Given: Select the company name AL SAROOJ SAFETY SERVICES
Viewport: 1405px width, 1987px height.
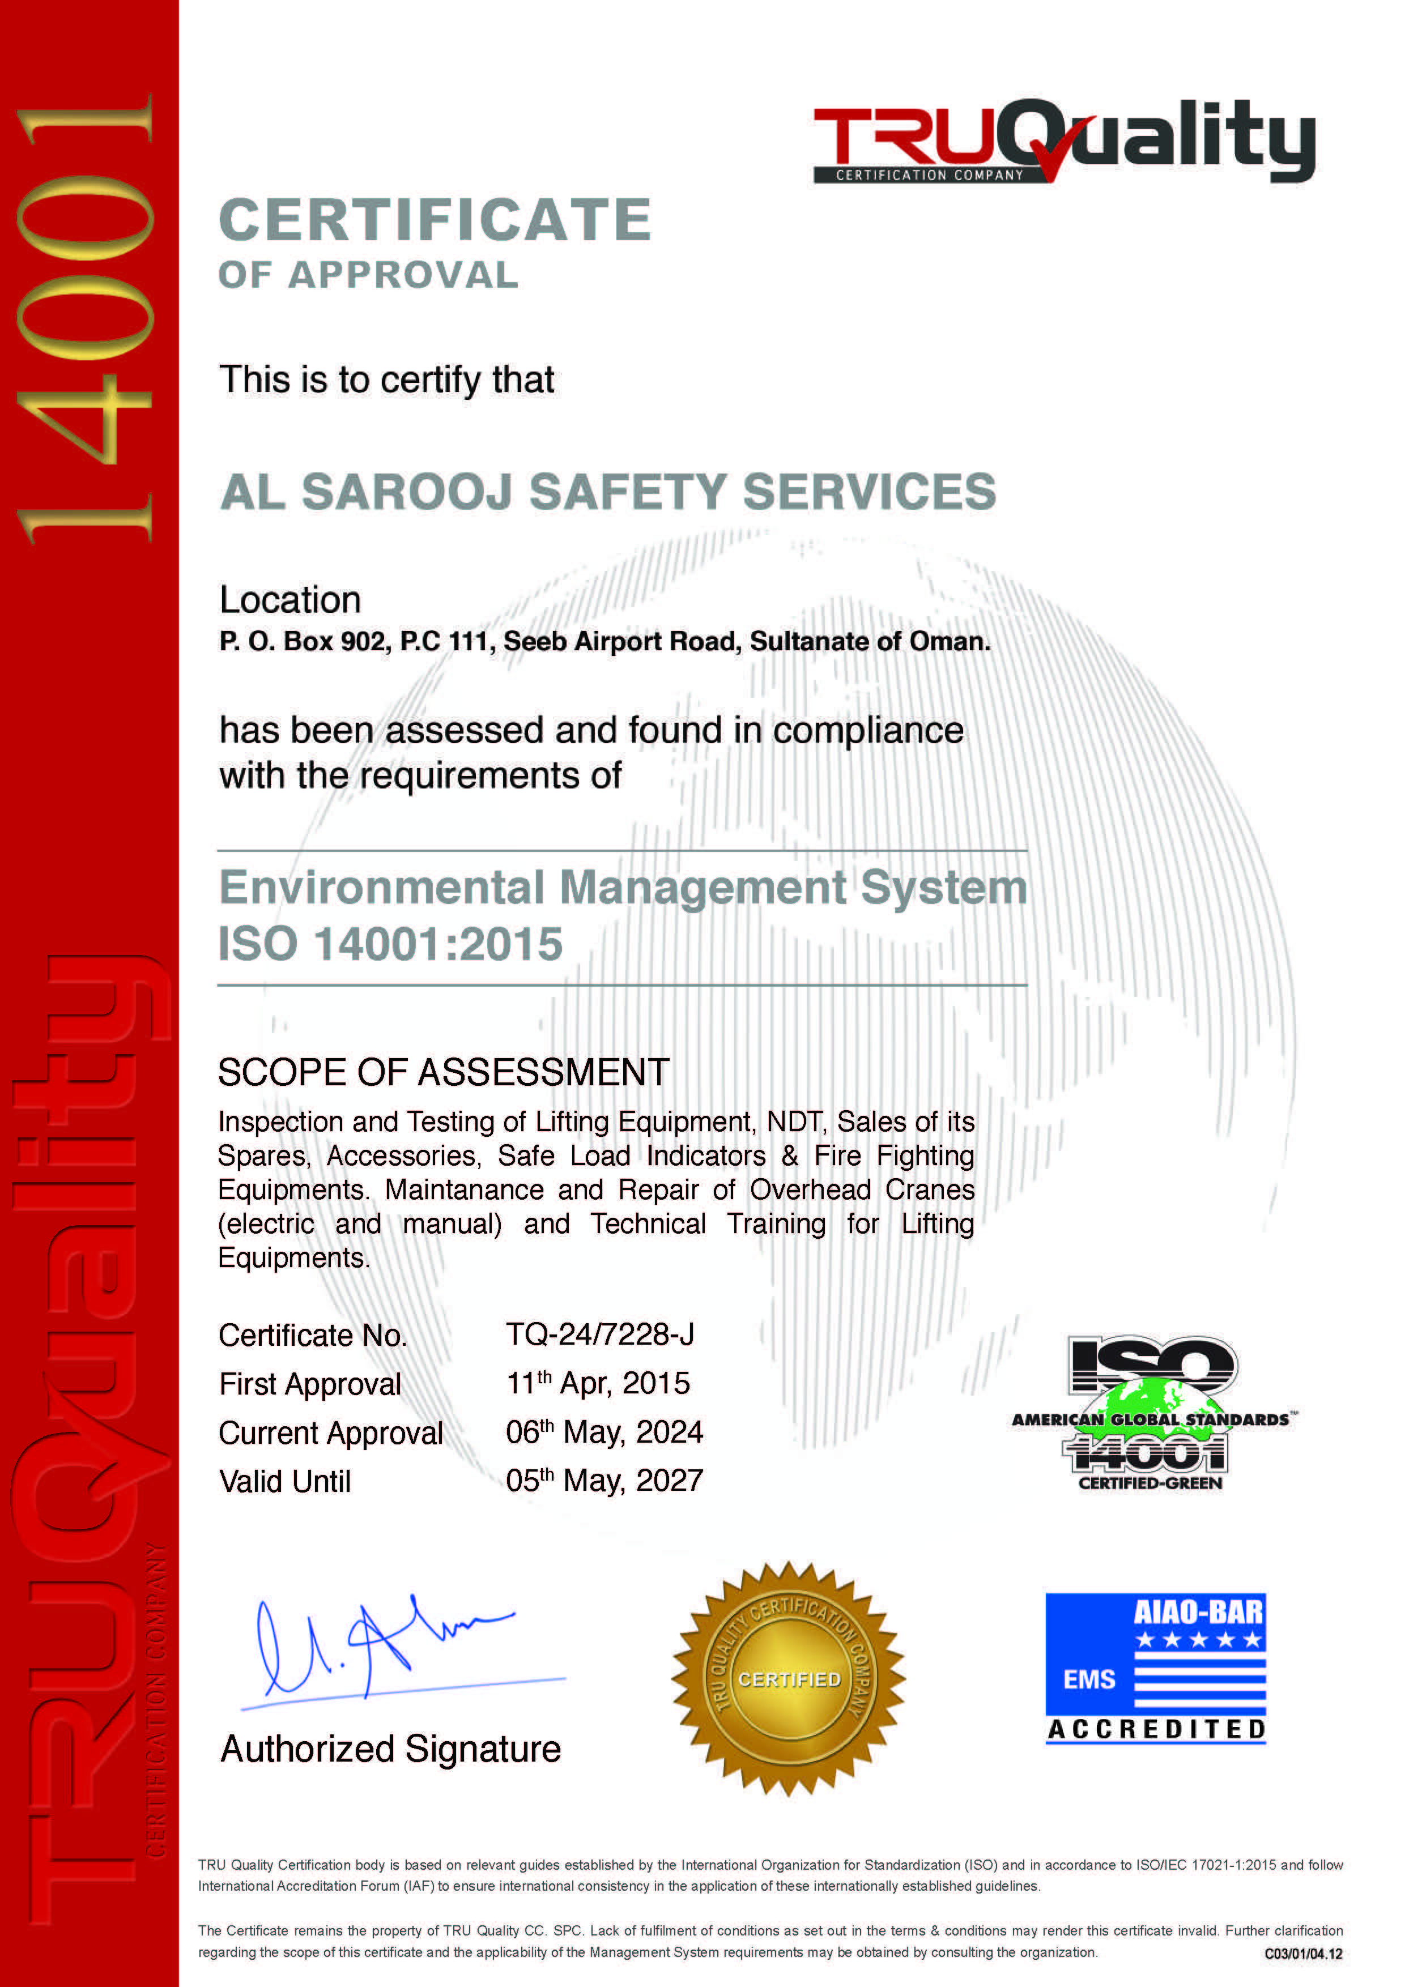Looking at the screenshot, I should tap(608, 492).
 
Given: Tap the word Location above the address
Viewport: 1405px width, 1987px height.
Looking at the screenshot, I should tap(290, 600).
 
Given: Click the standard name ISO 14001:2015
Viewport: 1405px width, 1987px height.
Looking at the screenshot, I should tap(390, 943).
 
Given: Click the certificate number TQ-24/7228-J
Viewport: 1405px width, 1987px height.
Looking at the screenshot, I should tap(600, 1334).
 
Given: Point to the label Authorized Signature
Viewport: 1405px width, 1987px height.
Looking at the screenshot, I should tap(390, 1749).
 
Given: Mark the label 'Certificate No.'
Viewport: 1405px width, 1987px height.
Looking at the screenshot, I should tap(313, 1336).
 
